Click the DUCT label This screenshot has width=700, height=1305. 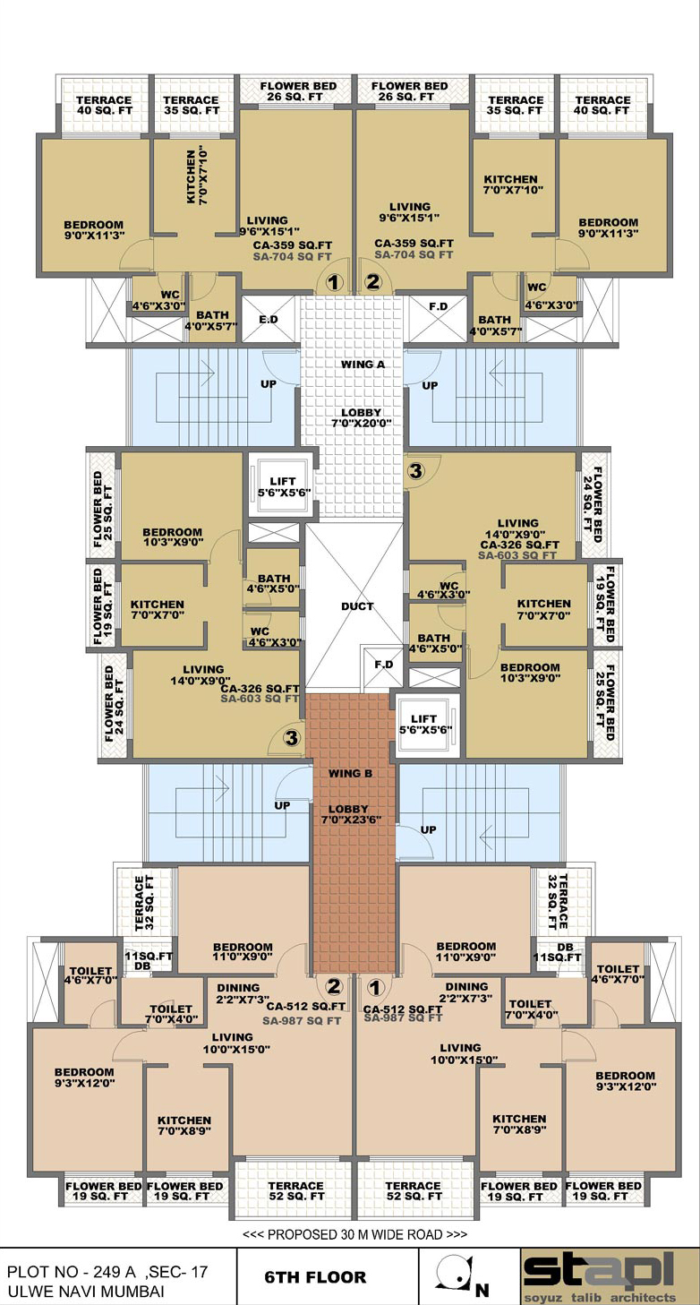[357, 606]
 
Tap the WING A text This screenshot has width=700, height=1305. [363, 365]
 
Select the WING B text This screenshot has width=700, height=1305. [350, 774]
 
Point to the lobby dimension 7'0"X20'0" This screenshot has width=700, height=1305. [361, 424]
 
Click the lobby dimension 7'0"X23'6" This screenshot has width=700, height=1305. [351, 820]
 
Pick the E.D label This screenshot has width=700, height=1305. [269, 319]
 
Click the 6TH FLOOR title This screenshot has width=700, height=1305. [315, 1277]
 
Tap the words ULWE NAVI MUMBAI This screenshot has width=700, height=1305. [86, 1291]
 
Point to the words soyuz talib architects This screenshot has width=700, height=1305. [600, 1298]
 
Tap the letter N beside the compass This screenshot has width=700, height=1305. [482, 1290]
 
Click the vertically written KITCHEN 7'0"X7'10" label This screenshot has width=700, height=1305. [197, 176]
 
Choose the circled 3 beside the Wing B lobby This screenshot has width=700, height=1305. [291, 738]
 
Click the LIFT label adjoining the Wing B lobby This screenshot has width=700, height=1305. [423, 719]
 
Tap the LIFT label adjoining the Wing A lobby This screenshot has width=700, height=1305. [283, 481]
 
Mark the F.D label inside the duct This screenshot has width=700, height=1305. [384, 665]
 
